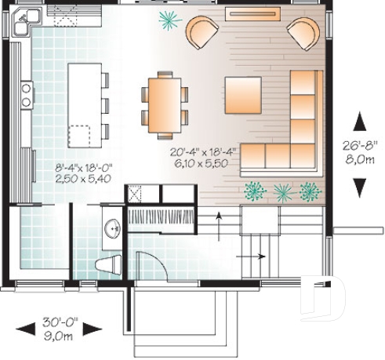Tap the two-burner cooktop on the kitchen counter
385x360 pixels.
click(x=25, y=95)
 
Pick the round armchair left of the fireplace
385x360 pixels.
click(x=203, y=34)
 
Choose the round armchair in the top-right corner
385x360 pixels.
click(x=303, y=34)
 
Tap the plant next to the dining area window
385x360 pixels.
click(x=167, y=19)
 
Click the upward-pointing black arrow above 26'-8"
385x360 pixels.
click(x=359, y=122)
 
